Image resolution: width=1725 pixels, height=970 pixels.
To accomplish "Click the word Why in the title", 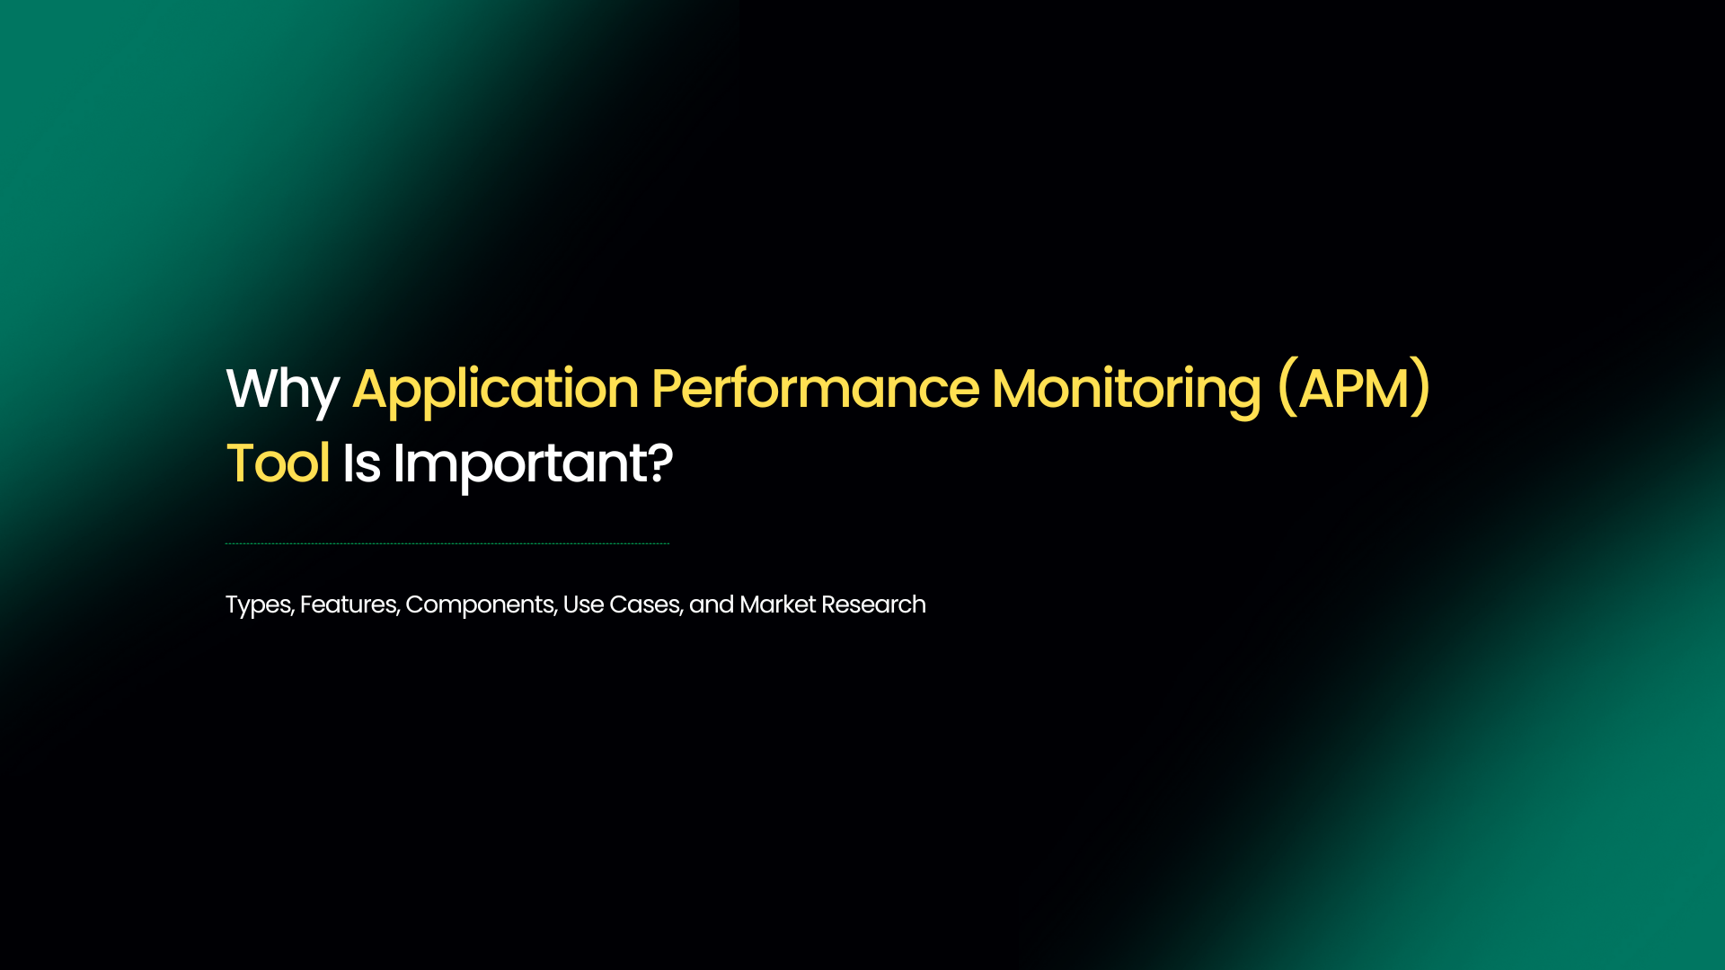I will (x=282, y=390).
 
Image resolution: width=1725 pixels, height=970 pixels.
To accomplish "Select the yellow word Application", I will (x=495, y=390).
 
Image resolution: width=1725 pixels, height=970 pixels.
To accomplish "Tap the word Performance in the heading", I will (x=814, y=390).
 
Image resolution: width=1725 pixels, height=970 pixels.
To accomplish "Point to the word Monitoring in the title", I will (x=1126, y=390).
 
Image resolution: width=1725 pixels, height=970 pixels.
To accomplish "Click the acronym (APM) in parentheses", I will (x=1354, y=390).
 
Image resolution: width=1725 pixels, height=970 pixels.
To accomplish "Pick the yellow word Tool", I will (x=278, y=464).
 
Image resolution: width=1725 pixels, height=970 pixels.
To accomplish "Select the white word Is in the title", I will (x=361, y=464).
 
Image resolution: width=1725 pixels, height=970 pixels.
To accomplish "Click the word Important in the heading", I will (x=520, y=464).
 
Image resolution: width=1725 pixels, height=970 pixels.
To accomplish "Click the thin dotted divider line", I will (x=447, y=543).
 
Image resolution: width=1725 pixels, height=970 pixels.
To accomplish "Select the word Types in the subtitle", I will (x=258, y=605).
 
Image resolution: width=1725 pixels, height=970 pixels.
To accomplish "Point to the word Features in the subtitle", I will (x=349, y=604).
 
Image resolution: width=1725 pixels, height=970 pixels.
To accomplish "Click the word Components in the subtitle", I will (x=480, y=605).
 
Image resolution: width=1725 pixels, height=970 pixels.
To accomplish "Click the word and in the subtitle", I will (x=711, y=604).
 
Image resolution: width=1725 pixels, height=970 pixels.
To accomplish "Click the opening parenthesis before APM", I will (x=1287, y=388).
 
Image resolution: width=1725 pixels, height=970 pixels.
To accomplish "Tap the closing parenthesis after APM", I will (x=1421, y=388).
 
